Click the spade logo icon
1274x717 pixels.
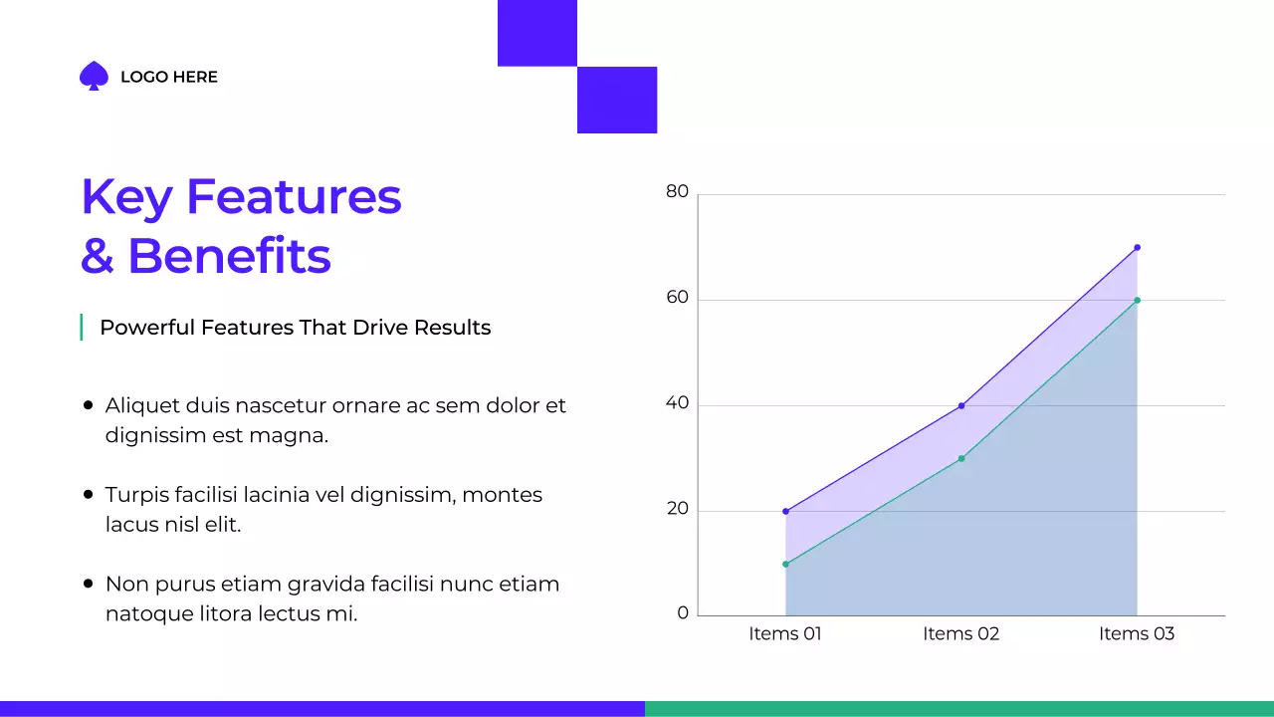[94, 77]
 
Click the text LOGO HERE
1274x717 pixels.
[168, 77]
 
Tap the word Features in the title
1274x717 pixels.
[294, 196]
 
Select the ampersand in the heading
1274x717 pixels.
[98, 256]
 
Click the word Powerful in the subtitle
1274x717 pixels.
[146, 328]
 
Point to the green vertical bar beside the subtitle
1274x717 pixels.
[81, 327]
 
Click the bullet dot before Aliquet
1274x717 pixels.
[88, 405]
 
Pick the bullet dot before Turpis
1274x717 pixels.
[88, 494]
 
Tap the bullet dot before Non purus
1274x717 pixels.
[88, 584]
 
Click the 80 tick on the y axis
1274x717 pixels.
[677, 191]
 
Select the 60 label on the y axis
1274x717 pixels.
[677, 298]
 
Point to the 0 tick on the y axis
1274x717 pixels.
[683, 613]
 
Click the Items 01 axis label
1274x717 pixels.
[785, 634]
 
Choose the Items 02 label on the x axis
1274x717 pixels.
[960, 634]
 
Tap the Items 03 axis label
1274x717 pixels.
[1137, 634]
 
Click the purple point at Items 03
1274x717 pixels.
[1137, 247]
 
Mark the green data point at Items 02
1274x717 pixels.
[961, 458]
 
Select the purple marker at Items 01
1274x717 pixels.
[785, 511]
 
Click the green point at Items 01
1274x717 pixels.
[785, 564]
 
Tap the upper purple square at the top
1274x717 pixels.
[537, 33]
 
